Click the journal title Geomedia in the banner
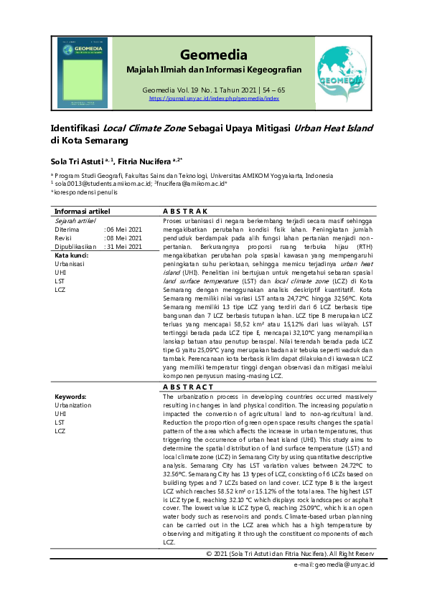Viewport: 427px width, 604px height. tap(214, 55)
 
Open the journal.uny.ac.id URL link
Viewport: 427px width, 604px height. tap(214, 98)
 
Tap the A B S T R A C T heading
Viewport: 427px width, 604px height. tap(188, 387)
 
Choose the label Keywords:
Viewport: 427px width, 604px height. tap(71, 396)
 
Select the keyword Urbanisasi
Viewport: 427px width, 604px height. tap(69, 263)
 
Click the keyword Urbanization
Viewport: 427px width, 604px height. tap(73, 405)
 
